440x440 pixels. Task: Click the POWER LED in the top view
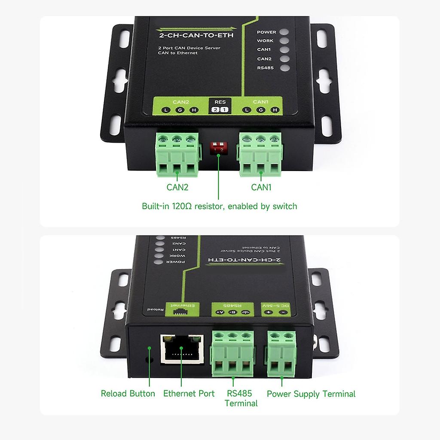[x=283, y=32]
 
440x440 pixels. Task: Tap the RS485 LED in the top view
[x=283, y=68]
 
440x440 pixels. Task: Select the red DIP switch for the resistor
[x=218, y=149]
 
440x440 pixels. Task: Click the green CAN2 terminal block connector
[x=177, y=155]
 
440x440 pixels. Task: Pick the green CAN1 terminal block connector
[x=260, y=155]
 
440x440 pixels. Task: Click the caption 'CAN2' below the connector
[x=177, y=187]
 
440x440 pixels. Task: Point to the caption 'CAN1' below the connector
[x=262, y=187]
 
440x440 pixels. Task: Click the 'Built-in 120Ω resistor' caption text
[x=219, y=206]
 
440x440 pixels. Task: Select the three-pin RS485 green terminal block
[x=232, y=352]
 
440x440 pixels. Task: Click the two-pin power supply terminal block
[x=281, y=352]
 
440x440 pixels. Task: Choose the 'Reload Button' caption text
[x=128, y=394]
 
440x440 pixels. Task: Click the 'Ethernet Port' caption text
[x=189, y=394]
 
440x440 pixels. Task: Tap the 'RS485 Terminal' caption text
[x=241, y=398]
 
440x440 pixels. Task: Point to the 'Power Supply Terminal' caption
[x=311, y=394]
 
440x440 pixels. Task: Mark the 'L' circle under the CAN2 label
[x=166, y=110]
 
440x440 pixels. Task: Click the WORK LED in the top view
[x=283, y=41]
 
